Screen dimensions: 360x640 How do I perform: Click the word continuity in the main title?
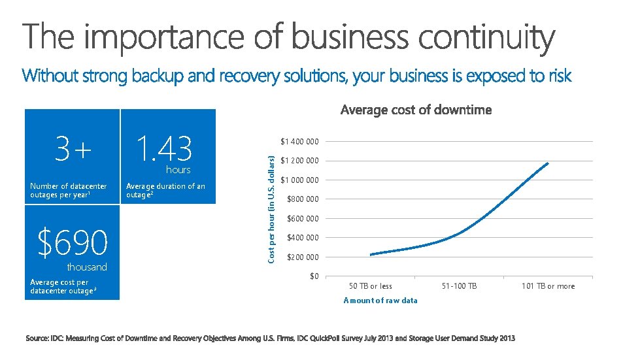coord(486,37)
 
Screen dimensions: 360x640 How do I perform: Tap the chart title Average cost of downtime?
coord(416,110)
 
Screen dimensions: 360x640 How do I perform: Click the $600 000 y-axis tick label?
coord(303,219)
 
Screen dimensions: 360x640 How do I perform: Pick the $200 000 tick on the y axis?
coord(303,257)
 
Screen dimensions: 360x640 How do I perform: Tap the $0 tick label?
coord(314,276)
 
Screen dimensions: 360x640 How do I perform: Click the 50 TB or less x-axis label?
coord(371,286)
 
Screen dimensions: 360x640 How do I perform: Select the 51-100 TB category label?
coord(460,286)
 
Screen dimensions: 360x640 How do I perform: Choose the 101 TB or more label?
coord(548,286)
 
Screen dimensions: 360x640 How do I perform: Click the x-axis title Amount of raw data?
coord(380,300)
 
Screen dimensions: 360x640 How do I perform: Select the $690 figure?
coord(72,243)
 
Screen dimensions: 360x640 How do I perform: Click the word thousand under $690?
coord(87,267)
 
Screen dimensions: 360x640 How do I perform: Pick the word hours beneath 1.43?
coord(178,170)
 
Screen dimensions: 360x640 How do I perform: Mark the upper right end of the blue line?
coord(548,163)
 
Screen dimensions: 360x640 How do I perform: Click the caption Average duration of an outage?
coord(165,190)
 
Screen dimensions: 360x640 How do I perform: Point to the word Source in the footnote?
coord(38,338)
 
